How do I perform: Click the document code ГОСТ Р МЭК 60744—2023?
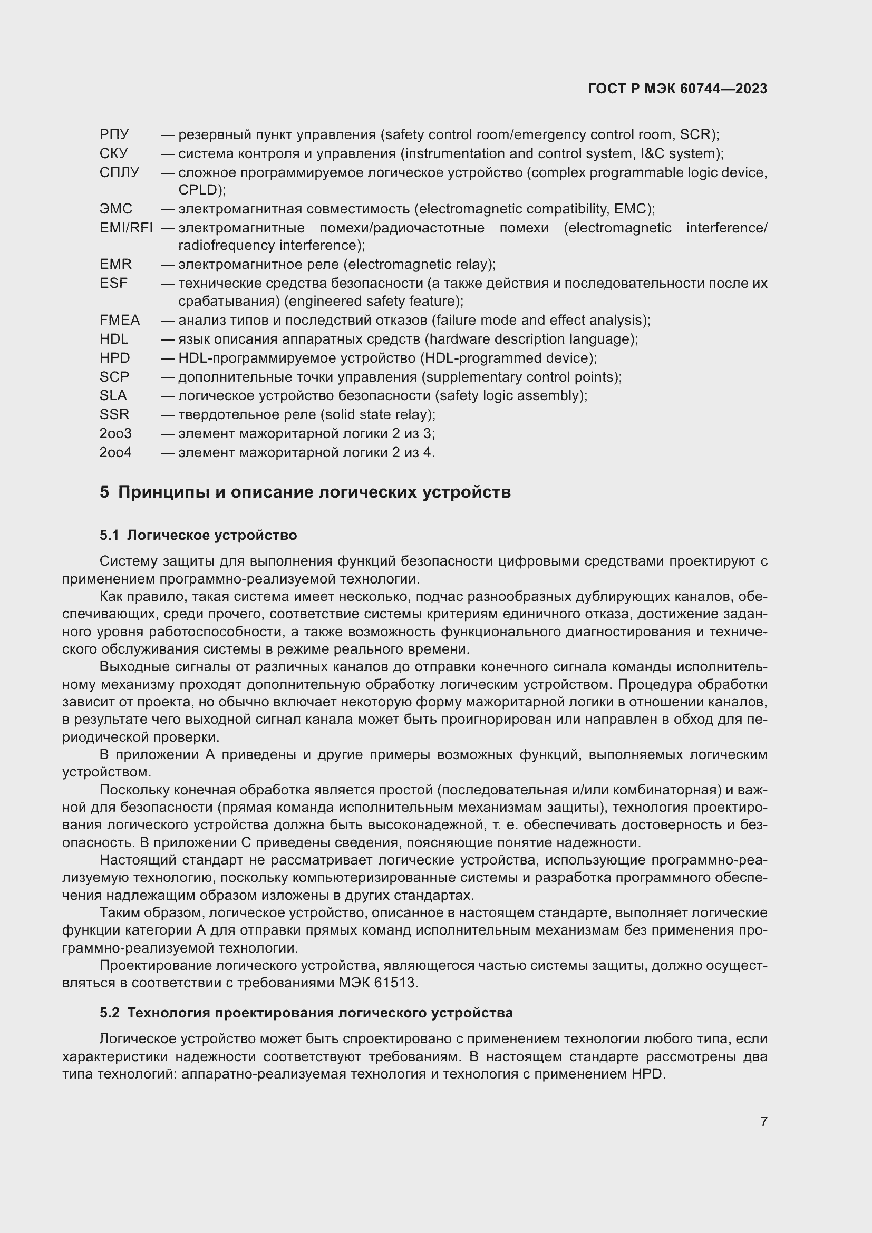(677, 89)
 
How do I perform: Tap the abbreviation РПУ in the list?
(114, 134)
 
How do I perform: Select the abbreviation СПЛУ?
(119, 172)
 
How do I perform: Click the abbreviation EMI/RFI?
(125, 228)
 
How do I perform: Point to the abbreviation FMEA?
(119, 320)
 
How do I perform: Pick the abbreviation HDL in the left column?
(113, 339)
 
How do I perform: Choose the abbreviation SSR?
(114, 414)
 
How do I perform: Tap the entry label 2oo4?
(115, 452)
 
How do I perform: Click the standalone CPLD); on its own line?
(202, 190)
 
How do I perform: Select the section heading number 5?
(104, 492)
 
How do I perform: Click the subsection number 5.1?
(109, 536)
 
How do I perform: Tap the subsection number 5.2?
(109, 1013)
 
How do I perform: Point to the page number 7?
(763, 1121)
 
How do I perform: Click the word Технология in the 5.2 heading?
(168, 1013)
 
